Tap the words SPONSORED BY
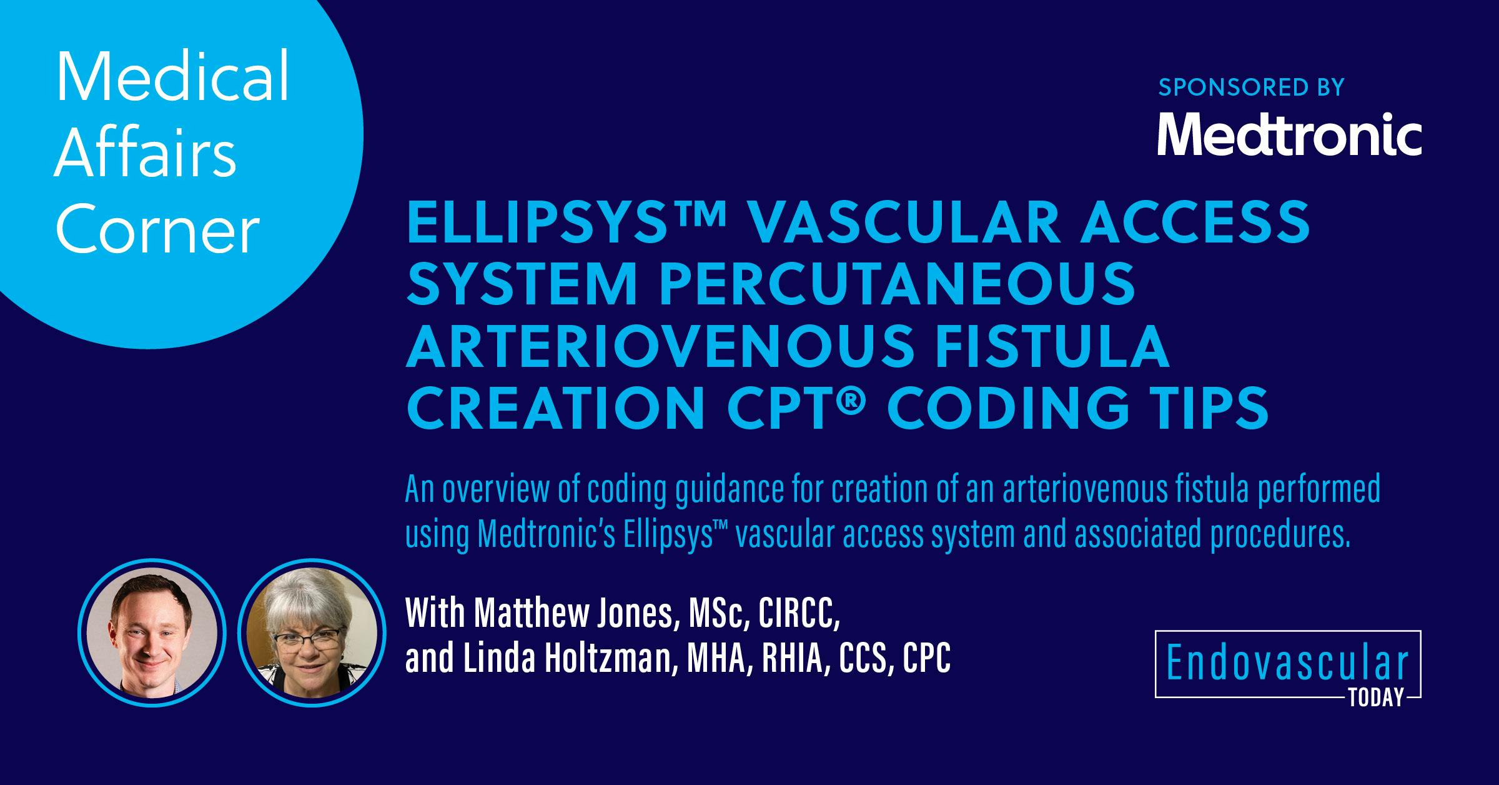click(1251, 87)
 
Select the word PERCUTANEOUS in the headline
click(897, 284)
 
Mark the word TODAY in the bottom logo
click(1376, 697)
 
